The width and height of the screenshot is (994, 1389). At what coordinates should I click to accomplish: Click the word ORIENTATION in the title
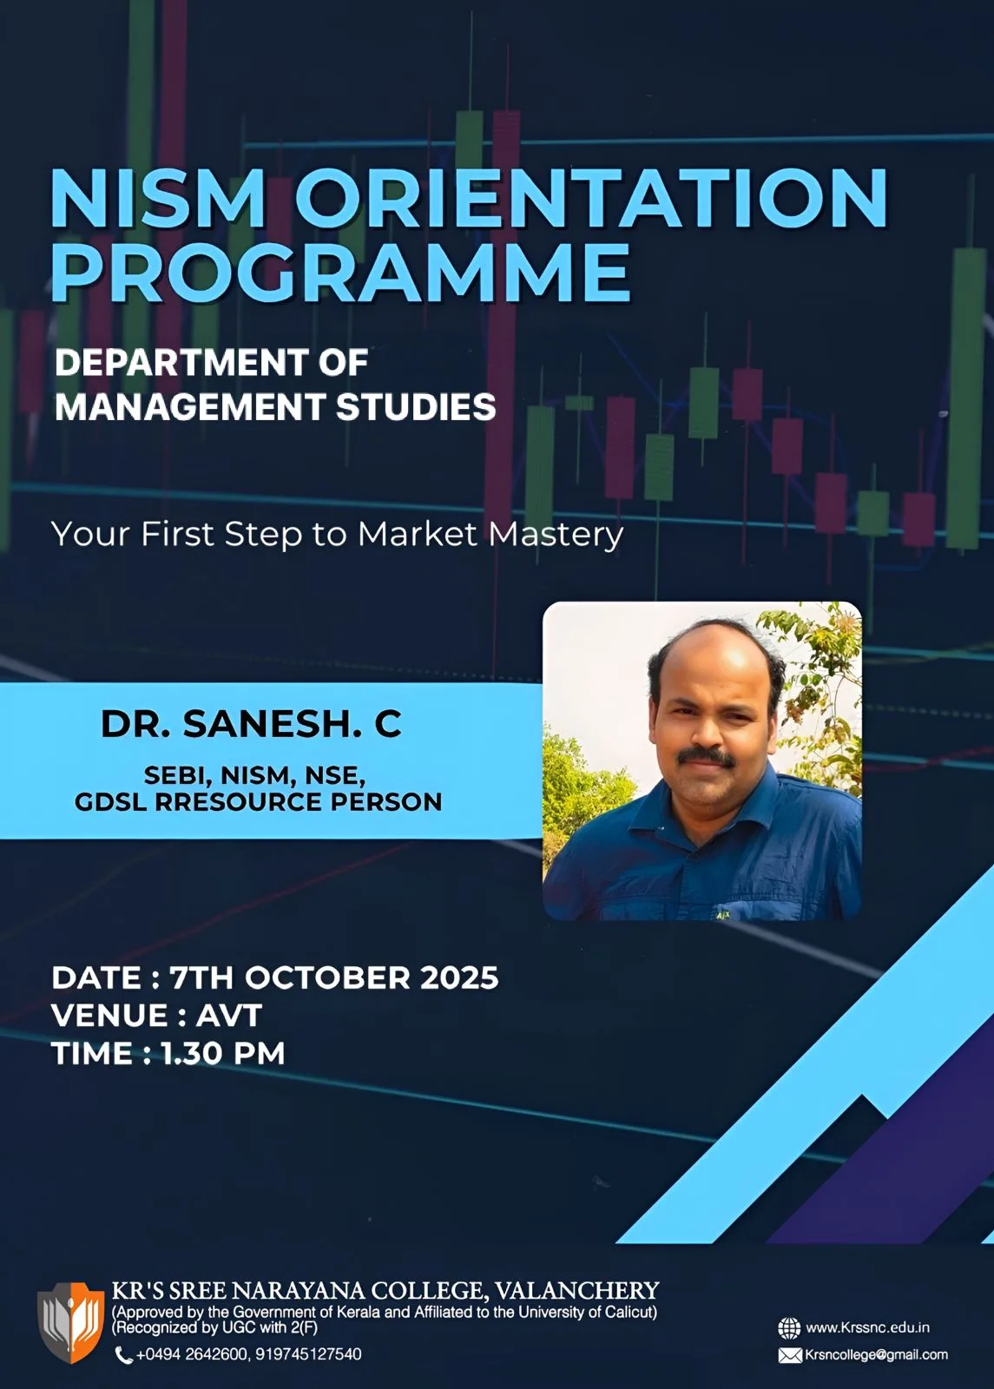591,197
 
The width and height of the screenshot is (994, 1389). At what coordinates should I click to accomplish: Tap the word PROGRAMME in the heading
340,272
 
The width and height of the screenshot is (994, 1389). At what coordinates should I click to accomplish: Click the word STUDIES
416,407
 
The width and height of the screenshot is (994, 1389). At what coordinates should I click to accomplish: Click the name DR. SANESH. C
251,723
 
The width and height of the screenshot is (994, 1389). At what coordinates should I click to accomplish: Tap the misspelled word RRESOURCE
238,802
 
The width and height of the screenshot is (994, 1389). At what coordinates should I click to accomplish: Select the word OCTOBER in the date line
327,978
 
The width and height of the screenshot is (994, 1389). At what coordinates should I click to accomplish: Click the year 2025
459,978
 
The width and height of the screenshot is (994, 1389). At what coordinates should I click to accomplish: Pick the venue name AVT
229,1016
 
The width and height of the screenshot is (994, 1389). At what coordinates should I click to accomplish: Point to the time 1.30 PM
222,1054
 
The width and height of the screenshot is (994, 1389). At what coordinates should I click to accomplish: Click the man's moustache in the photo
706,756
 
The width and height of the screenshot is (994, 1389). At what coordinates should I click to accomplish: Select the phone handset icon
123,1355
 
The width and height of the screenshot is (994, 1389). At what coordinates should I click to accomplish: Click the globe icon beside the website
789,1328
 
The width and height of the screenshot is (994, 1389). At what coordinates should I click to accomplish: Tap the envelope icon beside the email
790,1355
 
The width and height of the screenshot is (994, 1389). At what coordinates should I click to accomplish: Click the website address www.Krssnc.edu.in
867,1327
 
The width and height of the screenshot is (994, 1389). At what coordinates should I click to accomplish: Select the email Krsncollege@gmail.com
876,1355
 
